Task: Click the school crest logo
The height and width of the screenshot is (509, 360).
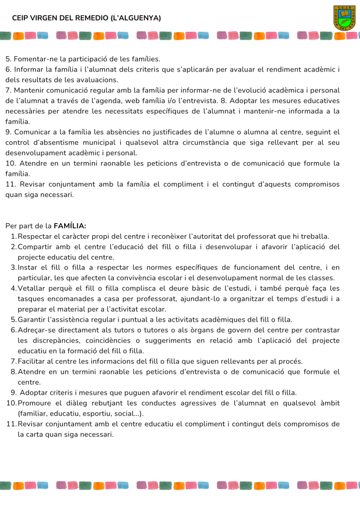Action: click(344, 18)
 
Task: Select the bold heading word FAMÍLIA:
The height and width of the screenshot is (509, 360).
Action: click(70, 226)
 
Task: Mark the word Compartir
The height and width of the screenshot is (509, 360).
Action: click(38, 247)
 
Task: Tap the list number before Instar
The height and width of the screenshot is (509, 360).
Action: click(13, 267)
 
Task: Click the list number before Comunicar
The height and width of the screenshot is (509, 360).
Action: click(8, 132)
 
